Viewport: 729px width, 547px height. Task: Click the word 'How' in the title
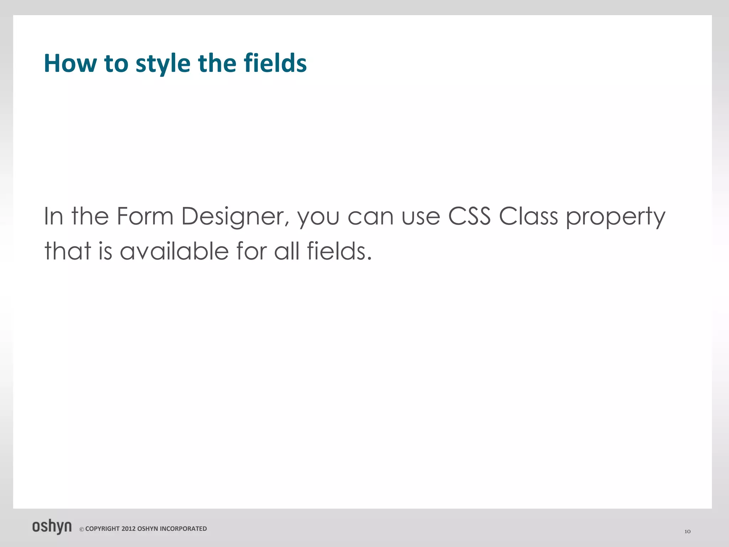70,63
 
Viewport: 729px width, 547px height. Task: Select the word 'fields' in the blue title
275,63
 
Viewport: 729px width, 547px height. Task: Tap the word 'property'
615,217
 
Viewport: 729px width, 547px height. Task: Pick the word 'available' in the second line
174,251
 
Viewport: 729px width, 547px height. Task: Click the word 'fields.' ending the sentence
339,251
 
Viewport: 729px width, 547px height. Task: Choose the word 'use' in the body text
421,217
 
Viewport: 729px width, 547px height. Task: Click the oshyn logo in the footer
52,527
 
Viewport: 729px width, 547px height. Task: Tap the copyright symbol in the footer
82,529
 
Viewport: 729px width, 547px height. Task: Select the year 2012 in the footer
129,529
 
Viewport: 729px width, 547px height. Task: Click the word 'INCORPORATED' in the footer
183,529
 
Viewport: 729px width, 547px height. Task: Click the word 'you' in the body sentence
318,217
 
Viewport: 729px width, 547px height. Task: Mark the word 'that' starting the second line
68,251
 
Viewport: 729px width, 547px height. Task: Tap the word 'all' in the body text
287,251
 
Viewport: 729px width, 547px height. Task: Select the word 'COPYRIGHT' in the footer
103,529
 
